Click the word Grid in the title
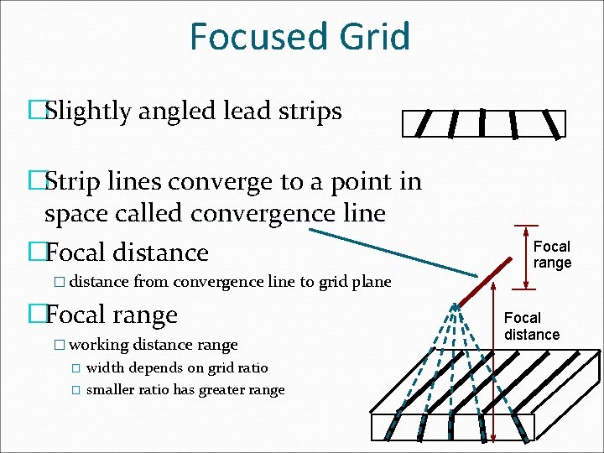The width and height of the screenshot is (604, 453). [372, 37]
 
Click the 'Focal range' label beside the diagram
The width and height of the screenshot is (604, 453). [552, 254]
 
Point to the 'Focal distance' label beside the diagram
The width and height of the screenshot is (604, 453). [531, 326]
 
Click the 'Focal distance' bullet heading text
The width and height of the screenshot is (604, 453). [127, 252]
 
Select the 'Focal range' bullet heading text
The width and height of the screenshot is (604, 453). [112, 315]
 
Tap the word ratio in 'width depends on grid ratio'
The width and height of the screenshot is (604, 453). [251, 367]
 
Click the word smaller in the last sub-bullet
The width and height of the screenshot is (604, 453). [112, 389]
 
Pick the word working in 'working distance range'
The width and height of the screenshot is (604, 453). [99, 345]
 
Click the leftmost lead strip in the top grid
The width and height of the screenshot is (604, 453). [424, 123]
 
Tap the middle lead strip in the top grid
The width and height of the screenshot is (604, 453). [482, 122]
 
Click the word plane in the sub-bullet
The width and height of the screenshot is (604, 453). [372, 282]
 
